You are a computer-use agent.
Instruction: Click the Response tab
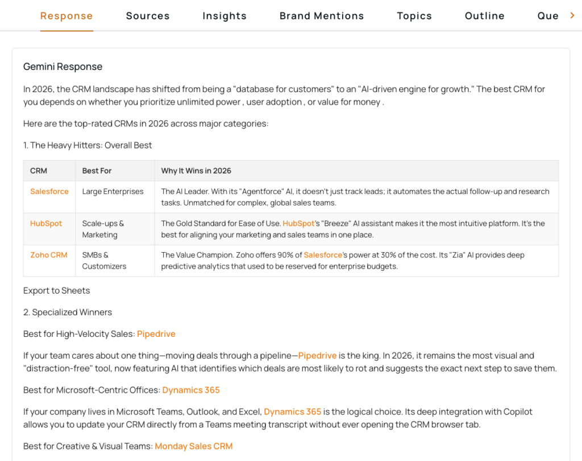coord(66,16)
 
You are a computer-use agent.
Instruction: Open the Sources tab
coord(148,16)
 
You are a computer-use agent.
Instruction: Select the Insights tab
coord(225,16)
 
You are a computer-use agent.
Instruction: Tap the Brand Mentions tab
coord(322,16)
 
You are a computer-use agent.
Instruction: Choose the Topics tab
coord(414,16)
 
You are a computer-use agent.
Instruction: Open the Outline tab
coord(485,16)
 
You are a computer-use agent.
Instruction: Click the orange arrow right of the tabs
coord(572,15)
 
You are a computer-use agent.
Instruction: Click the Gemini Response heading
coord(63,67)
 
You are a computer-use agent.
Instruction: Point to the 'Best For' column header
coord(97,171)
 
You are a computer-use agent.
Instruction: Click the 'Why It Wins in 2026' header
coord(196,171)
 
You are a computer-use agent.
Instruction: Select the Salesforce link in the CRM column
coord(49,192)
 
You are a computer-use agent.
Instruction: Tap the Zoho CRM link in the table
coord(49,255)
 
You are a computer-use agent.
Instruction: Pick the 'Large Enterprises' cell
coord(113,192)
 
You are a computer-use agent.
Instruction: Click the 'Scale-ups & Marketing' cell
coord(103,229)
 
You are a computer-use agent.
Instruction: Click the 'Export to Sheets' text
coord(56,290)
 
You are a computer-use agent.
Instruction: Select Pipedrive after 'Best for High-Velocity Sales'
coord(156,334)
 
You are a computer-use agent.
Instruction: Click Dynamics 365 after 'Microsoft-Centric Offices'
coord(191,390)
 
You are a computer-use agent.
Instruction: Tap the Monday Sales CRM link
coord(194,446)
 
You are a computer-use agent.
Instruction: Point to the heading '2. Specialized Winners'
coord(68,312)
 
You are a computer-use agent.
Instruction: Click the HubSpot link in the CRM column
coord(46,224)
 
